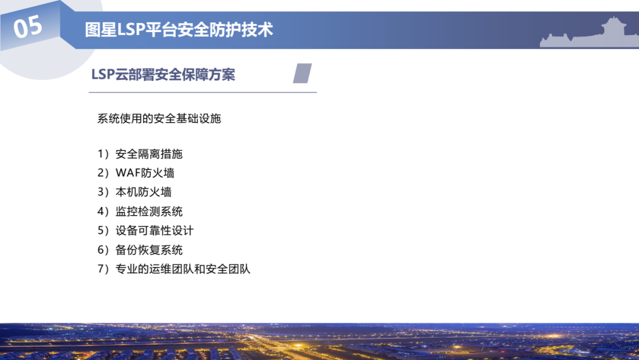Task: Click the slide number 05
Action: (x=28, y=27)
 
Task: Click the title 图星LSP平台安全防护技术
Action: (x=179, y=30)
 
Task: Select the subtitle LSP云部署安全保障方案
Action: (x=163, y=75)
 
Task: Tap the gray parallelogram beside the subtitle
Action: (x=302, y=73)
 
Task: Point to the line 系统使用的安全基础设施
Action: (x=159, y=118)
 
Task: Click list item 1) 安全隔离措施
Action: (x=140, y=155)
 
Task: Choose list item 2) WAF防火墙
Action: (x=136, y=173)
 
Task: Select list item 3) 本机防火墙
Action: (x=135, y=192)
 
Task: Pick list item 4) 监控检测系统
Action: (x=140, y=211)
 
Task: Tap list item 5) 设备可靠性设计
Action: (x=146, y=230)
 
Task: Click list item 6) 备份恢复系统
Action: (x=140, y=250)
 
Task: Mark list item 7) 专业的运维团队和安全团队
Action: (x=174, y=269)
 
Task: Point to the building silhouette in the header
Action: (x=589, y=33)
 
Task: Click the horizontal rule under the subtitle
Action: (x=202, y=92)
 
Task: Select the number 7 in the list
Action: (x=101, y=269)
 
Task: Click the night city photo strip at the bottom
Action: (x=319, y=342)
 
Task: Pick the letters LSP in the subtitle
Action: (x=104, y=75)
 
